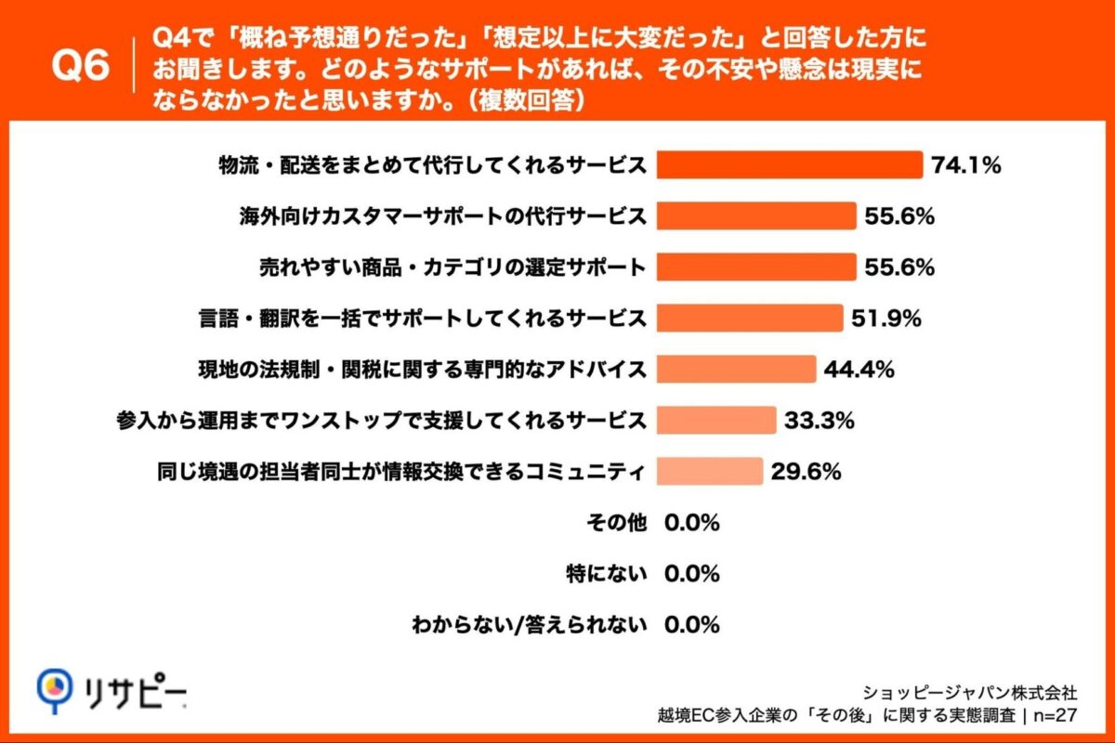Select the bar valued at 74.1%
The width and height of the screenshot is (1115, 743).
point(790,165)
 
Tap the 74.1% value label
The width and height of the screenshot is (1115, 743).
point(966,166)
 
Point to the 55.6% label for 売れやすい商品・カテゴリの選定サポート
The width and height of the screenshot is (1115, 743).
point(899,268)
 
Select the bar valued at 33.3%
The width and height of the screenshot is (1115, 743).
point(716,421)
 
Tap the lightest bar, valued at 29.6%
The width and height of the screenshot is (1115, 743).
point(710,472)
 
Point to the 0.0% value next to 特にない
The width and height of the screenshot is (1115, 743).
point(692,574)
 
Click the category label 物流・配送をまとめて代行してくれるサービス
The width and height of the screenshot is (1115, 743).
point(431,166)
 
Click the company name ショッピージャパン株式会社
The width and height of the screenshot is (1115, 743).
point(970,691)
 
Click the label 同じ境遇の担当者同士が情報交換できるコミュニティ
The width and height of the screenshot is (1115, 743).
point(399,472)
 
